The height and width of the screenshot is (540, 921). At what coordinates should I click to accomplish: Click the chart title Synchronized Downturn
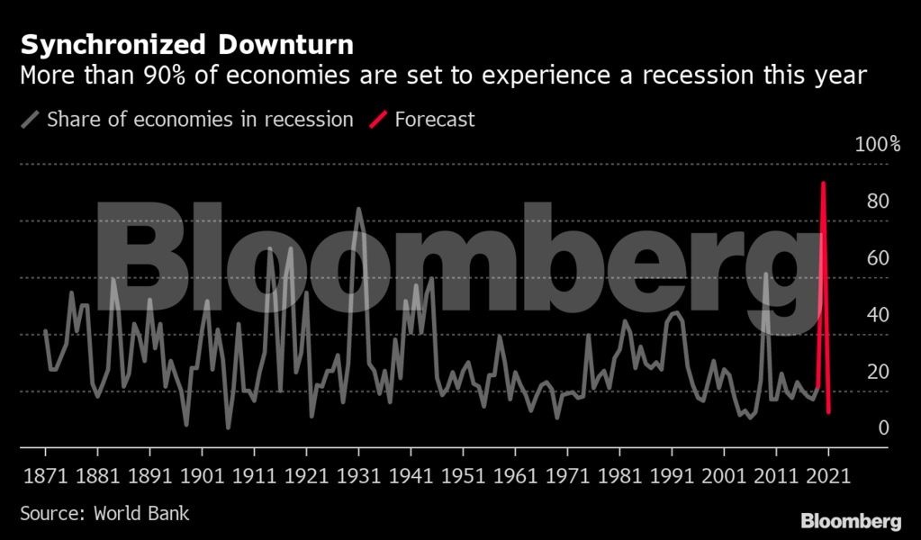186,44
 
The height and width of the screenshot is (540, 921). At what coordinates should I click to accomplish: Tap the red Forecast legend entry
435,119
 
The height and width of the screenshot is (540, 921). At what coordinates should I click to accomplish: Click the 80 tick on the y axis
877,201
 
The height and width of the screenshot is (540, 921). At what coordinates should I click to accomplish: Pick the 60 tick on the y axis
877,258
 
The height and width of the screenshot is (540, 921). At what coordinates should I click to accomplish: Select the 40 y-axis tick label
877,315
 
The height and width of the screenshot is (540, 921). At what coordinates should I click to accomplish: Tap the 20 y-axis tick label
877,372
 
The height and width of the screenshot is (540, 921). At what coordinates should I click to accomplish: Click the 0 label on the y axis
883,428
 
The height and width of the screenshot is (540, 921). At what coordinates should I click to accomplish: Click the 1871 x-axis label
46,475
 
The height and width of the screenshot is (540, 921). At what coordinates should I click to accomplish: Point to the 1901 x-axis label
203,475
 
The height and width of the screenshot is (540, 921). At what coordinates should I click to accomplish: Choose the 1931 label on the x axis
359,475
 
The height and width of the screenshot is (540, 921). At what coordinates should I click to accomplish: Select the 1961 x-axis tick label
516,475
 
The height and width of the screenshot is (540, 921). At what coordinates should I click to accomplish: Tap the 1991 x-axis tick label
673,475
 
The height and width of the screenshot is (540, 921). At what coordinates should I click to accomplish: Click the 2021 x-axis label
829,475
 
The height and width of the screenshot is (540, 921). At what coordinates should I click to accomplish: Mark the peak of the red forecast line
823,184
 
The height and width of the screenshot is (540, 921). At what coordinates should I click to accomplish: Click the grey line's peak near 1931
359,210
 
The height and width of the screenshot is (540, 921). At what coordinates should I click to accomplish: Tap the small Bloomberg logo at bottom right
851,520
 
